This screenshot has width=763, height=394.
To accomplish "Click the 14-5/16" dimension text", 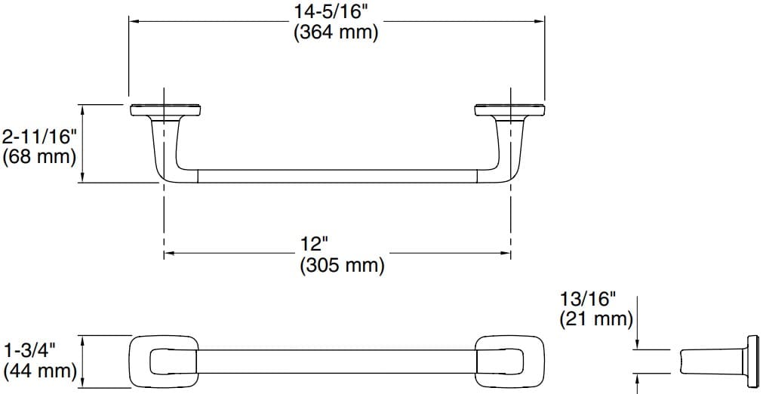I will pos(337,13).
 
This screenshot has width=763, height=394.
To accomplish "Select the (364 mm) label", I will pos(337,34).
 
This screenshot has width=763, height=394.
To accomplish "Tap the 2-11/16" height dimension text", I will pos(40,137).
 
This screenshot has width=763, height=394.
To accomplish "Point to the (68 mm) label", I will pos(40,157).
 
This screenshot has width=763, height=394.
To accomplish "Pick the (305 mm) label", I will pos(342,266).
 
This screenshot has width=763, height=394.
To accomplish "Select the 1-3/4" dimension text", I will pos(30,350).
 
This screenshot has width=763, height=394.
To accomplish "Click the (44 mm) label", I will pos(40,371).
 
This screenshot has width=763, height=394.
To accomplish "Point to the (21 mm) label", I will pos(596,319).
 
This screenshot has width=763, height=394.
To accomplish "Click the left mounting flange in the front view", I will pos(164,110).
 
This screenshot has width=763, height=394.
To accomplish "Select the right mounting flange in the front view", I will pos(509,110).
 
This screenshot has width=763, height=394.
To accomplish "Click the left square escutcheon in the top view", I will pos(164,361).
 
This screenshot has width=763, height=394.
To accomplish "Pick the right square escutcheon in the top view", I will pos(509,361).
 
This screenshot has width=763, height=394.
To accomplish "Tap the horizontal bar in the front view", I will pos(337,177).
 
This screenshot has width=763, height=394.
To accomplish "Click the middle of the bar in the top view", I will pos(337,361).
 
